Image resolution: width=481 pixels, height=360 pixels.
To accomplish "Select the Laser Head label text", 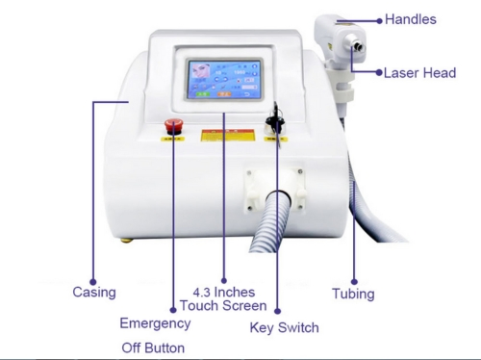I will (x=418, y=72).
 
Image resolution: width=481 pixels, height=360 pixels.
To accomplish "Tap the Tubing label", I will (x=353, y=294).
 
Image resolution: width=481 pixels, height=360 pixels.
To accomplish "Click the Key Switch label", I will (x=284, y=328).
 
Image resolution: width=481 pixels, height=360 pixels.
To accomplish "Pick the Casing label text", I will (x=94, y=292).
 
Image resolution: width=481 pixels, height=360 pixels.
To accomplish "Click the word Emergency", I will (x=154, y=323).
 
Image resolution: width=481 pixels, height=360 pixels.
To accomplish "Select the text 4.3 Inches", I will (x=223, y=291).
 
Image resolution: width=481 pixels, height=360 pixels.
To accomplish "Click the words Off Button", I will (x=152, y=347).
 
